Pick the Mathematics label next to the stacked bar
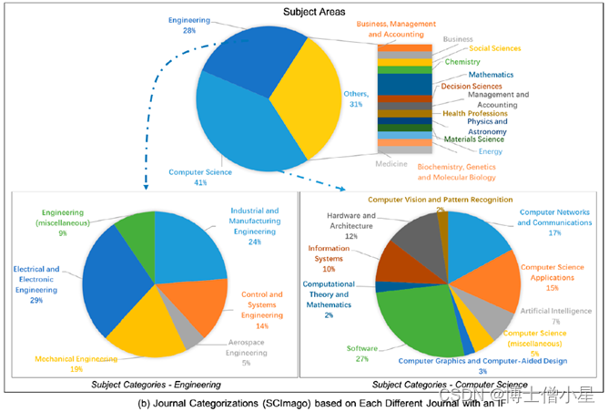click(x=491, y=74)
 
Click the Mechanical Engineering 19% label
click(x=78, y=364)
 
